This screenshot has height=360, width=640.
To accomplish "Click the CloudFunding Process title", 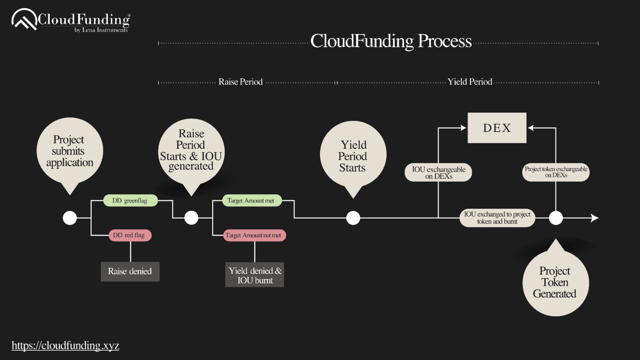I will pyautogui.click(x=391, y=41).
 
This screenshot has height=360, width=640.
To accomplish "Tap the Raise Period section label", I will pyautogui.click(x=240, y=82).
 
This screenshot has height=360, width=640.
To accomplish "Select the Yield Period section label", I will pyautogui.click(x=469, y=82).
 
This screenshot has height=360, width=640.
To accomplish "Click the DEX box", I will pyautogui.click(x=497, y=128).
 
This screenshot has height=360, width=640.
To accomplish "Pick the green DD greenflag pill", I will pyautogui.click(x=131, y=201).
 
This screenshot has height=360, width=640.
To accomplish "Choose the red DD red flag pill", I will pyautogui.click(x=130, y=235).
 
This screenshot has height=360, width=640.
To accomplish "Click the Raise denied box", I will pyautogui.click(x=130, y=271).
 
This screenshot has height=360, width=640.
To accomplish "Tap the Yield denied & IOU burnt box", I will pyautogui.click(x=255, y=275).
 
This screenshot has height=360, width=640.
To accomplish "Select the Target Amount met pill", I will pyautogui.click(x=252, y=201).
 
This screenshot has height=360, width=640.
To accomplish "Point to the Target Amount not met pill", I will pyautogui.click(x=255, y=235).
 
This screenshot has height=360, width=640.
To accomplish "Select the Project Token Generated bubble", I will pyautogui.click(x=555, y=282).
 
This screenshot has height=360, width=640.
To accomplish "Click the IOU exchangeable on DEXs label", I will pyautogui.click(x=438, y=172).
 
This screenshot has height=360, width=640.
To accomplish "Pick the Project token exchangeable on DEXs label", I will pyautogui.click(x=556, y=172).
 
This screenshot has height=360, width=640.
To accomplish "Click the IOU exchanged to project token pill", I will pyautogui.click(x=497, y=218).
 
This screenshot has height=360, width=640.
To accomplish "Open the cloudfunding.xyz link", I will pyautogui.click(x=65, y=345).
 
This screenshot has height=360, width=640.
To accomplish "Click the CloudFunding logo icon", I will pyautogui.click(x=24, y=20).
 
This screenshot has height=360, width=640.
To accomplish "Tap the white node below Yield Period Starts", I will pyautogui.click(x=353, y=218).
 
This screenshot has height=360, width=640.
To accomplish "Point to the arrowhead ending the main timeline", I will pyautogui.click(x=595, y=218).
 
